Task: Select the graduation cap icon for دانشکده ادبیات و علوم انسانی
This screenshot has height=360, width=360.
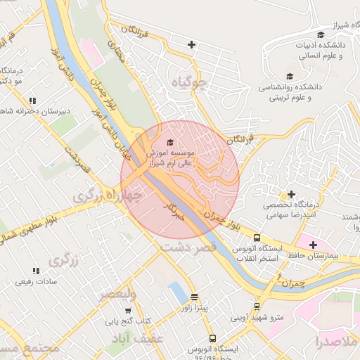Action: click(321, 35)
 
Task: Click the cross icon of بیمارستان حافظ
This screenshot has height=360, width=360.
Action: click(313, 244)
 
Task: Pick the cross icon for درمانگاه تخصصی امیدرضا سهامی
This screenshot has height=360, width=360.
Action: click(291, 193)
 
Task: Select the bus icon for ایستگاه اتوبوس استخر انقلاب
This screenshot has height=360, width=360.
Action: click(257, 238)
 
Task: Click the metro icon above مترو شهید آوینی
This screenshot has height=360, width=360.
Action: click(257, 307)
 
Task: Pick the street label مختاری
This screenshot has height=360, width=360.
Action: click(114, 51)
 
